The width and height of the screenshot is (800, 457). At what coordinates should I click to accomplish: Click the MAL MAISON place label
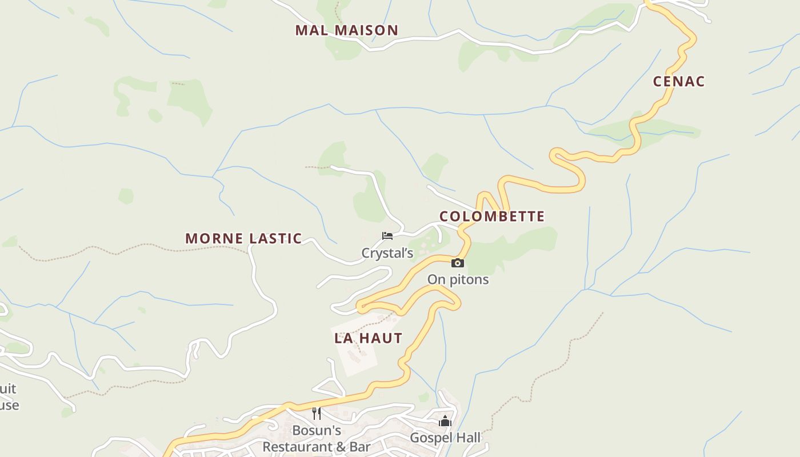pyautogui.click(x=346, y=30)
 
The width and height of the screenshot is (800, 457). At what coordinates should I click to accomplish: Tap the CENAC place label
pyautogui.click(x=679, y=81)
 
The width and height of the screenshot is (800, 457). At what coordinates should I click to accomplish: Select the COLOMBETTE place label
pyautogui.click(x=491, y=217)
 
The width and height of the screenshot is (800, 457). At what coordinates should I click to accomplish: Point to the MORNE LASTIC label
pyautogui.click(x=243, y=238)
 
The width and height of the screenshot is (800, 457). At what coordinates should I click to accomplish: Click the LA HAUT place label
pyautogui.click(x=369, y=338)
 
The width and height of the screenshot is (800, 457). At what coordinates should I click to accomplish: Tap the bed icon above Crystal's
pyautogui.click(x=387, y=235)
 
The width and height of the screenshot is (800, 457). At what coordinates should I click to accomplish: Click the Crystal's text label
pyautogui.click(x=387, y=253)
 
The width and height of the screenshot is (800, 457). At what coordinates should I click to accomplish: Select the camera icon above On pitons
pyautogui.click(x=457, y=263)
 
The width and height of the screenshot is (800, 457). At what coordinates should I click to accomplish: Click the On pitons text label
pyautogui.click(x=458, y=279)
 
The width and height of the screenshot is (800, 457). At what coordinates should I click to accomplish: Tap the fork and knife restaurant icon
pyautogui.click(x=317, y=413)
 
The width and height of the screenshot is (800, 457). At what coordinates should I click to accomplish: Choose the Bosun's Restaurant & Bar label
pyautogui.click(x=317, y=438)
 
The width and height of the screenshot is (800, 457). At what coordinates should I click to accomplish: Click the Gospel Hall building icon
pyautogui.click(x=445, y=422)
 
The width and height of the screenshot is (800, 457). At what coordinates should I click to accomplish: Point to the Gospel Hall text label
pyautogui.click(x=445, y=438)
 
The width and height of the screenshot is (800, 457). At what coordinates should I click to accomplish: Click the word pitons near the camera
pyautogui.click(x=468, y=279)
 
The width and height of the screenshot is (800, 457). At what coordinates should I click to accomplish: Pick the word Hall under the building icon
pyautogui.click(x=467, y=438)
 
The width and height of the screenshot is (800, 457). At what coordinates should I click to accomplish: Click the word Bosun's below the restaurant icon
pyautogui.click(x=317, y=430)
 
